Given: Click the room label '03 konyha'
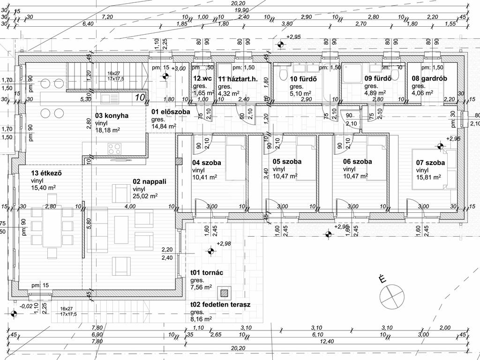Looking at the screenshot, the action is pos(112,115).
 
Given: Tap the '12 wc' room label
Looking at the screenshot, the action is pos(203,79).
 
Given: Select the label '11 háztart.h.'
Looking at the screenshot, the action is pos(238,79).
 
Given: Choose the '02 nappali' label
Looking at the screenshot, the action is pos(150,181).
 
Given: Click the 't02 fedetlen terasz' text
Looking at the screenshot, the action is pos(220,304).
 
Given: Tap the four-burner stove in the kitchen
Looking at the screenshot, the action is pos(115,149).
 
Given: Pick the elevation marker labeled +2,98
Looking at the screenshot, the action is pos(210,252).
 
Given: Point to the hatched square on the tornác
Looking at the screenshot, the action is pos(225,293).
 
